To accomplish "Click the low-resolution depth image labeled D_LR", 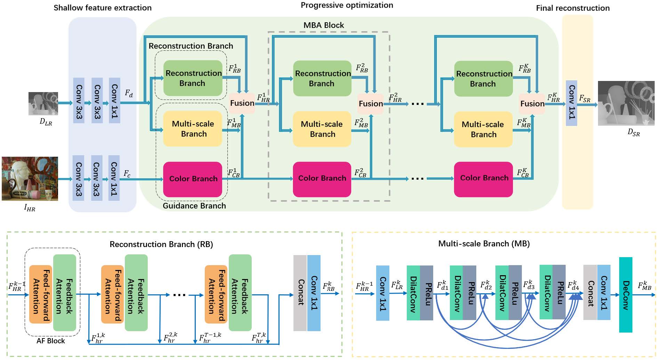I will [x=43, y=104].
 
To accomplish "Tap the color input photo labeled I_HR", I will [x=30, y=179].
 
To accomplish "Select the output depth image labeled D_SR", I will [x=626, y=103].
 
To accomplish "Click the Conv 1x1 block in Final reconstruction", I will [x=571, y=103].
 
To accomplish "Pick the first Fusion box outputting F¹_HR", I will [x=242, y=103].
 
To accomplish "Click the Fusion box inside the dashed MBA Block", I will [x=370, y=104].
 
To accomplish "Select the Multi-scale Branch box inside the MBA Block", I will [x=322, y=129].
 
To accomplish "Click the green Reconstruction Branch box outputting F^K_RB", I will [x=483, y=79].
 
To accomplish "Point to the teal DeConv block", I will [x=625, y=295].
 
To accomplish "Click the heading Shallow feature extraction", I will [x=103, y=8].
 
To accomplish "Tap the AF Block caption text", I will [x=51, y=341].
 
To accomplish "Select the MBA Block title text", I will [x=323, y=25].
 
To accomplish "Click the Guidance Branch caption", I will [x=194, y=206].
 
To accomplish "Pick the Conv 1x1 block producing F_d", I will [x=114, y=100].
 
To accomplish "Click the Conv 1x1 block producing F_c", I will [x=114, y=178].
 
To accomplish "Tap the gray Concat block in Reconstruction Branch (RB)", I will [x=300, y=293].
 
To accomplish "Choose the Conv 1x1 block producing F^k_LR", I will [x=382, y=293].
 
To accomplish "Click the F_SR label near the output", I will [x=584, y=98].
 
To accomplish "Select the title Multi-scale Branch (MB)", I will [x=484, y=244].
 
